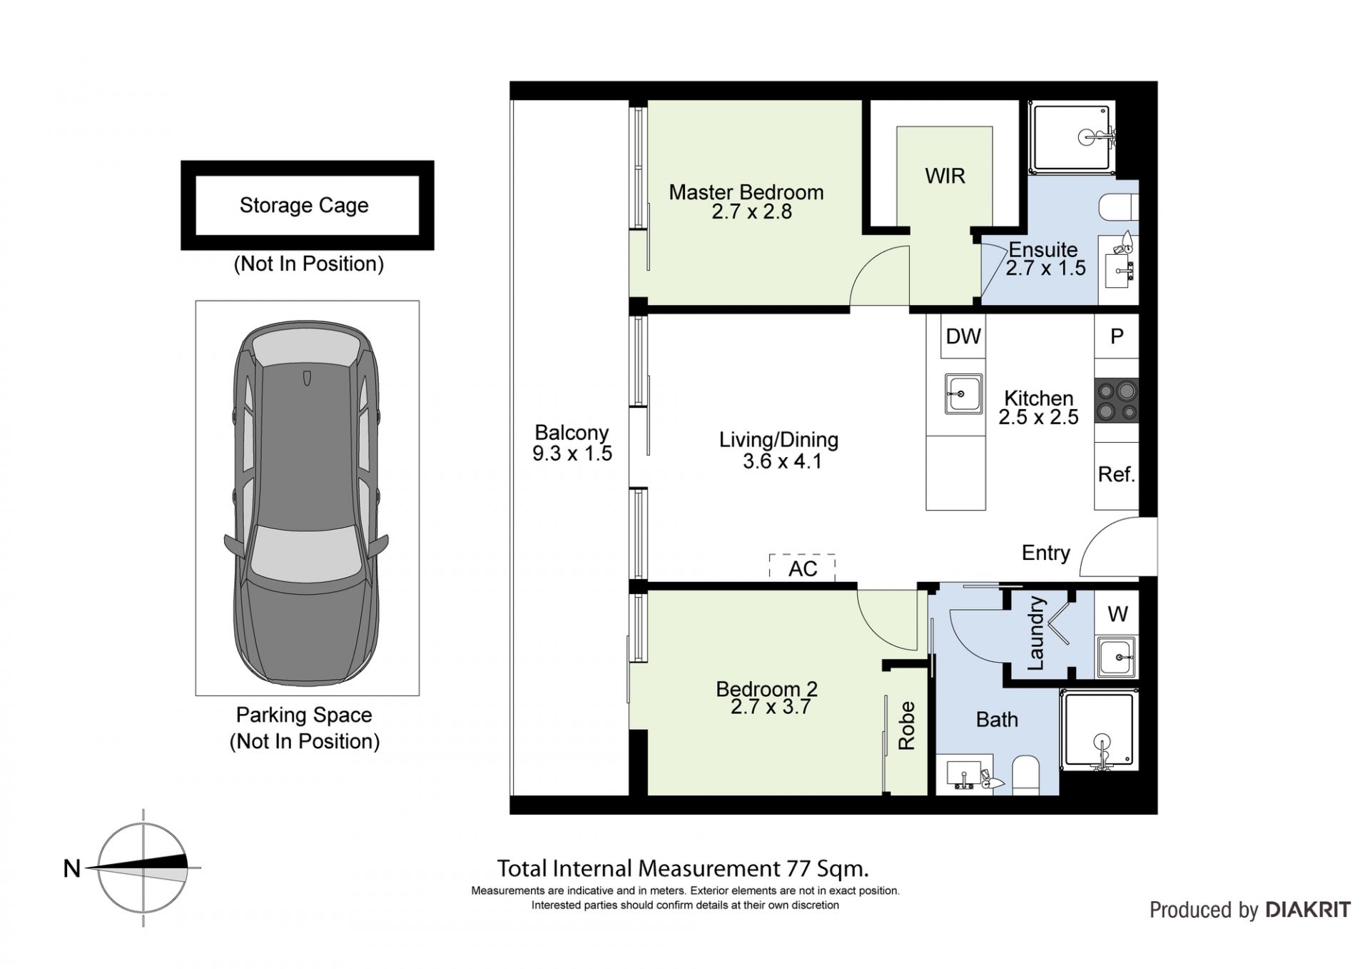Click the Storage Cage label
click(304, 206)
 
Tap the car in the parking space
click(307, 503)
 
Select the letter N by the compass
click(72, 868)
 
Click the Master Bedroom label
click(746, 192)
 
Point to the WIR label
click(945, 176)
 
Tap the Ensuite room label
click(1042, 250)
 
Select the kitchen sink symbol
click(963, 393)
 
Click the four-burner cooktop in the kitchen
click(1117, 401)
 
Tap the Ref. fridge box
click(1117, 476)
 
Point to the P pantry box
click(1117, 336)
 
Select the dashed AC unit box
click(802, 567)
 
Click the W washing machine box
click(1117, 613)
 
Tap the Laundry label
click(1035, 633)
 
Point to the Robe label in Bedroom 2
click(906, 726)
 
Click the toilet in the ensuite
click(1119, 207)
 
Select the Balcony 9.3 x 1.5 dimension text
click(572, 453)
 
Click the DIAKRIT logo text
click(1308, 910)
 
